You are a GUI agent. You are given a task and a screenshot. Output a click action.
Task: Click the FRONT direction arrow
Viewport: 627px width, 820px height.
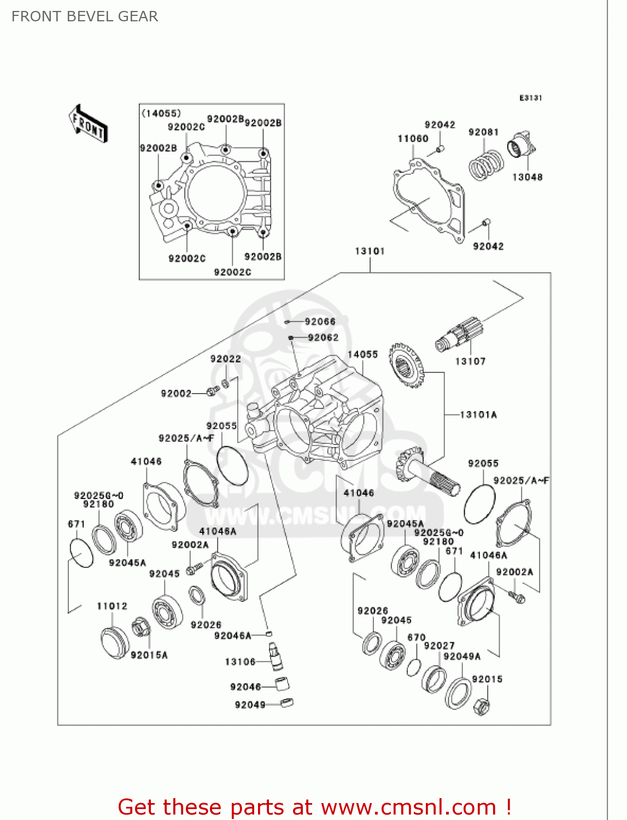pyautogui.click(x=88, y=124)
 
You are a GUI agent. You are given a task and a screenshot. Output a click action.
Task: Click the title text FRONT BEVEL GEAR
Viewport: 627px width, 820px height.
pyautogui.click(x=85, y=16)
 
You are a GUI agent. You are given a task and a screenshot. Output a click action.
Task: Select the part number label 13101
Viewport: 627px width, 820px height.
pyautogui.click(x=370, y=251)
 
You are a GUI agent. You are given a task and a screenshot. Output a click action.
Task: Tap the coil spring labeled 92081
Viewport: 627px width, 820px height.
pyautogui.click(x=486, y=165)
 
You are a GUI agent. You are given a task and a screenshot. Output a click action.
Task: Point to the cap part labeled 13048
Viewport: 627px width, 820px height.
pyautogui.click(x=521, y=146)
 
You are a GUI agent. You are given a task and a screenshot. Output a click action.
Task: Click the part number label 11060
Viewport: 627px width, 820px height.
pyautogui.click(x=413, y=139)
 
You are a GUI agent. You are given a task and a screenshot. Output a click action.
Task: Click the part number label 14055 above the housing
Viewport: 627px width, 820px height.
pyautogui.click(x=362, y=354)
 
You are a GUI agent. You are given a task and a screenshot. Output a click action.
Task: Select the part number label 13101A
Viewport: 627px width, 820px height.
pyautogui.click(x=478, y=414)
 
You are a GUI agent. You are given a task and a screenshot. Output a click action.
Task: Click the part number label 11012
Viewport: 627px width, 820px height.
pyautogui.click(x=112, y=606)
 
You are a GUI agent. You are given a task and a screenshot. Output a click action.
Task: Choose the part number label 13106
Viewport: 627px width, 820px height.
pyautogui.click(x=240, y=661)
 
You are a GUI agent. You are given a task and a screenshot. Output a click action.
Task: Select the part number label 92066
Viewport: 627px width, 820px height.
pyautogui.click(x=320, y=321)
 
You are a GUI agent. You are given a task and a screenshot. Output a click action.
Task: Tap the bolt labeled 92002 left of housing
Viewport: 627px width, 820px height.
pyautogui.click(x=213, y=391)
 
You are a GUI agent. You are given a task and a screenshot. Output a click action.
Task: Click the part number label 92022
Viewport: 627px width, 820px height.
pyautogui.click(x=225, y=359)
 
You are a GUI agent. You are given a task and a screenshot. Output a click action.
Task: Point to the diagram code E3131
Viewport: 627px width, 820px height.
pyautogui.click(x=530, y=98)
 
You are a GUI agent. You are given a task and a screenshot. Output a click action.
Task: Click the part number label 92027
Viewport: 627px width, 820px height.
pyautogui.click(x=439, y=646)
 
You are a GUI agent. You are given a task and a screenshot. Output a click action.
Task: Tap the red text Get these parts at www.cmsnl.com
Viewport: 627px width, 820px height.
pyautogui.click(x=314, y=807)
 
